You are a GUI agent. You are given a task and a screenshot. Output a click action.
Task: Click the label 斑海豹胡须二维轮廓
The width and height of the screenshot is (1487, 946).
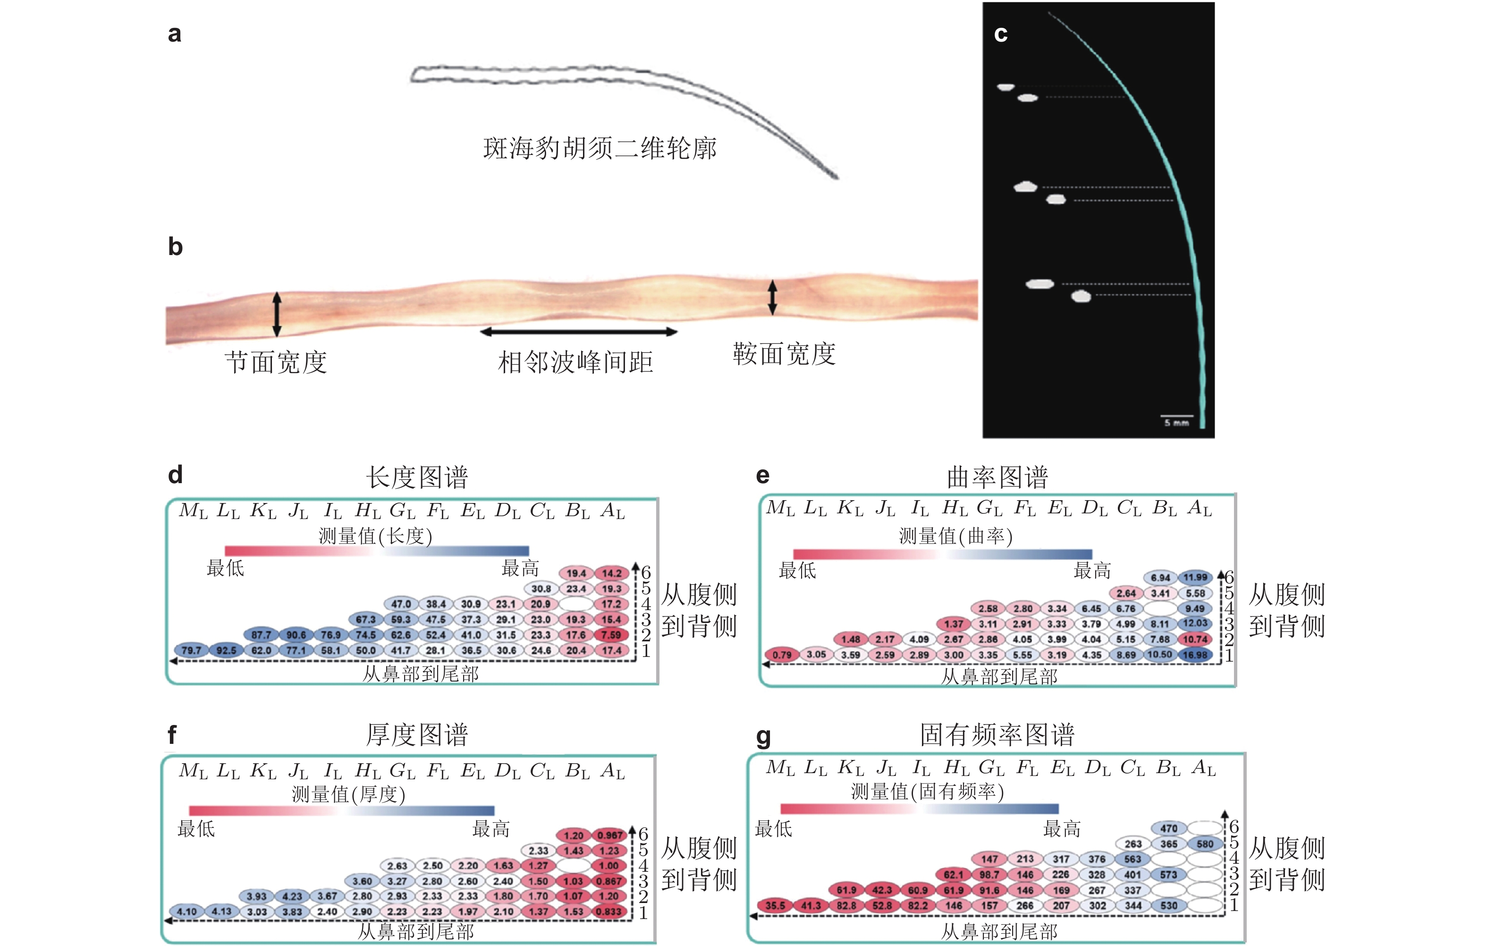[600, 148]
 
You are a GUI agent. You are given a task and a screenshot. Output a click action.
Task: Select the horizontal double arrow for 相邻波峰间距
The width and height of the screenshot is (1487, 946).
[579, 332]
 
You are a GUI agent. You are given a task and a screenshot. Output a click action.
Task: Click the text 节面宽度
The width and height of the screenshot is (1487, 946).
[275, 362]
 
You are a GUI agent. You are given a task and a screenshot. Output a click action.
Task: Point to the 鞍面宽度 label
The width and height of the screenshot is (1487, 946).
[784, 354]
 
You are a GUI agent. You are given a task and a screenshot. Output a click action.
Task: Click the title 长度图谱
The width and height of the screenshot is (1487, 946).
[417, 477]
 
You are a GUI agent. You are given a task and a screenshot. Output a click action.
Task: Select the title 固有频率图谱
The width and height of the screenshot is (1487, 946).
[997, 735]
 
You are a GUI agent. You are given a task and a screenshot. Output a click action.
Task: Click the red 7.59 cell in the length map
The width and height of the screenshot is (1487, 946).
[611, 635]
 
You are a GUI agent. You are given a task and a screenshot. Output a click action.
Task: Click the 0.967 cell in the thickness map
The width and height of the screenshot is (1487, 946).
[609, 835]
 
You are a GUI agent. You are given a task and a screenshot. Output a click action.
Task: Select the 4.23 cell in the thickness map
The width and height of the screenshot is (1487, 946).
[292, 896]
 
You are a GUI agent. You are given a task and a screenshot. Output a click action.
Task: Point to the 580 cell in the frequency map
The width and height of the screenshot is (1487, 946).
[1205, 844]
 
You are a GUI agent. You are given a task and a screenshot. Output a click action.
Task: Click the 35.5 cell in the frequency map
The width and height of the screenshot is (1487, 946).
[775, 906]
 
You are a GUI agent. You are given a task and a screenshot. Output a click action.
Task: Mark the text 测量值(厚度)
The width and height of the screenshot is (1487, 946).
[348, 794]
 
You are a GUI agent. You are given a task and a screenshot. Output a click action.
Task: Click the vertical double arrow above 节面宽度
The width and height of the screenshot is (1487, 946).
[277, 314]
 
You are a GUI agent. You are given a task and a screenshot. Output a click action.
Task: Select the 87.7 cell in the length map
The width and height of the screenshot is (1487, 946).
[261, 635]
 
